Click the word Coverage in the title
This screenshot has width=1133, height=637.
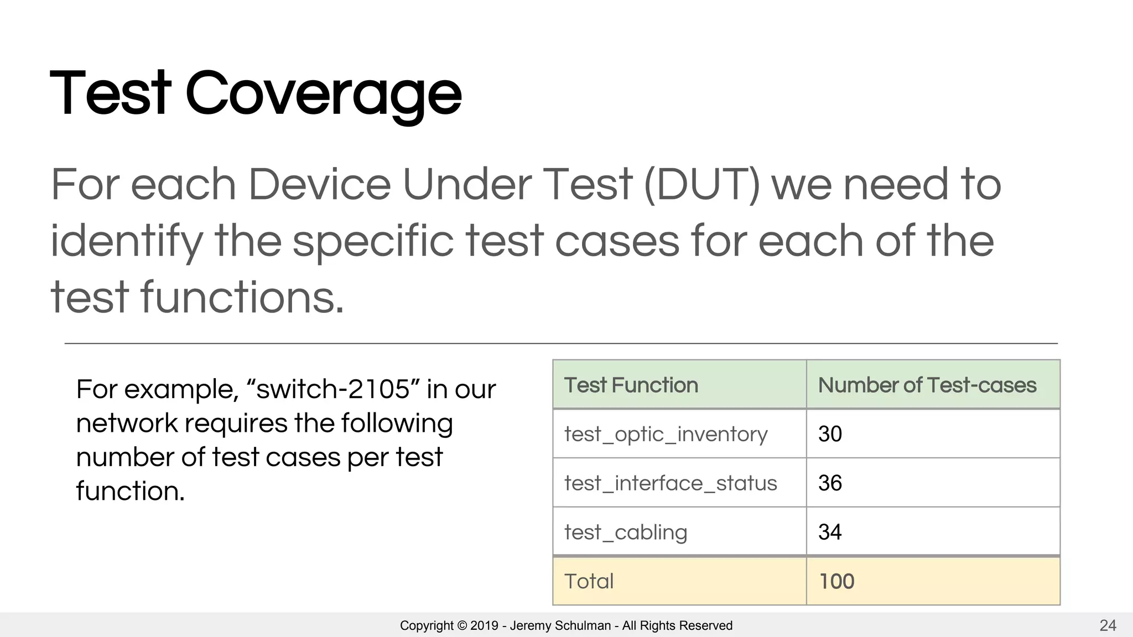(x=323, y=94)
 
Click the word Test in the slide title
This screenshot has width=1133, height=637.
(x=111, y=94)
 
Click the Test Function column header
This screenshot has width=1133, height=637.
(x=631, y=385)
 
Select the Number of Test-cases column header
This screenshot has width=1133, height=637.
(x=927, y=385)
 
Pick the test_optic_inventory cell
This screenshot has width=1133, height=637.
(x=666, y=435)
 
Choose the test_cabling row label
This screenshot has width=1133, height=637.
(x=626, y=532)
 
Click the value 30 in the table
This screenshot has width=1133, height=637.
(x=830, y=435)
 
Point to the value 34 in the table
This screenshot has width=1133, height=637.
(x=830, y=532)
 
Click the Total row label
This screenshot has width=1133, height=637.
(x=589, y=582)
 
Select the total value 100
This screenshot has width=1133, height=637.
(x=836, y=582)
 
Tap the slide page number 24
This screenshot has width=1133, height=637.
(x=1108, y=625)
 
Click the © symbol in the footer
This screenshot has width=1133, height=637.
(x=462, y=626)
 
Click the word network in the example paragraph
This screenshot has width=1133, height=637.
(x=127, y=424)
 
